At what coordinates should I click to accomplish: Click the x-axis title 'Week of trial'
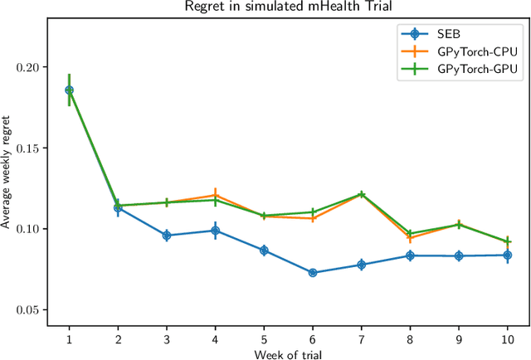[x=288, y=353]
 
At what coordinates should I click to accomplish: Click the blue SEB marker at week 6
[x=313, y=272]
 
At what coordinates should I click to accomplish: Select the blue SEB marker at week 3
[x=167, y=236]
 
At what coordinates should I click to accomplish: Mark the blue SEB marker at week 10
[x=508, y=255]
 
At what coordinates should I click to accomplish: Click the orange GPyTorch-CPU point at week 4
[x=215, y=196]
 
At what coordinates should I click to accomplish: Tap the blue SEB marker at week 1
[x=69, y=90]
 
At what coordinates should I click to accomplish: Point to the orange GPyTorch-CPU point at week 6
[x=313, y=218]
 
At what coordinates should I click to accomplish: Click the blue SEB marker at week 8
[x=410, y=255]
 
